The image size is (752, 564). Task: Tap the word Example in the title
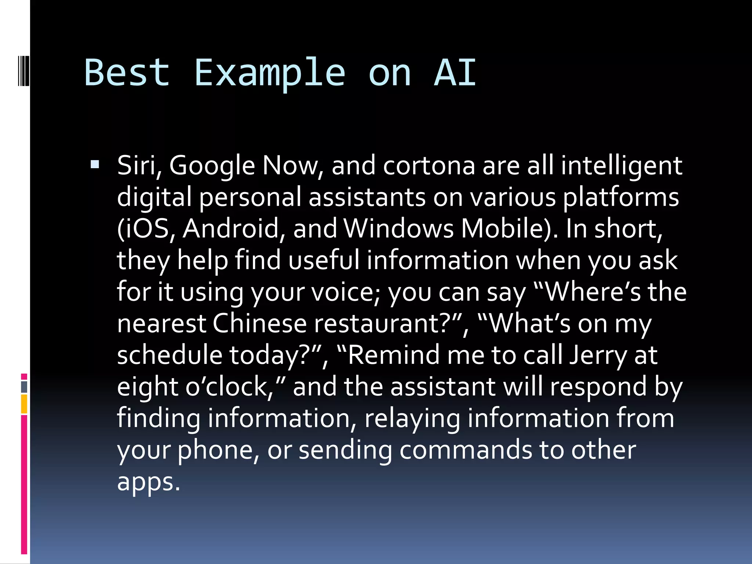point(270,73)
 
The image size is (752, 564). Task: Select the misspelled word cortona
point(429,166)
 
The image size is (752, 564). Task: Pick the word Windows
point(399,228)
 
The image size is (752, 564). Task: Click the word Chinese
point(259,323)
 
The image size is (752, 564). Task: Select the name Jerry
point(598,355)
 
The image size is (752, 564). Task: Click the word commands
point(465,450)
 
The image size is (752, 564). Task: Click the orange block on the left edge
point(24,404)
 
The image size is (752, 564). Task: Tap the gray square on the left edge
point(24,387)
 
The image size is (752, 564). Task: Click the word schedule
point(169,355)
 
